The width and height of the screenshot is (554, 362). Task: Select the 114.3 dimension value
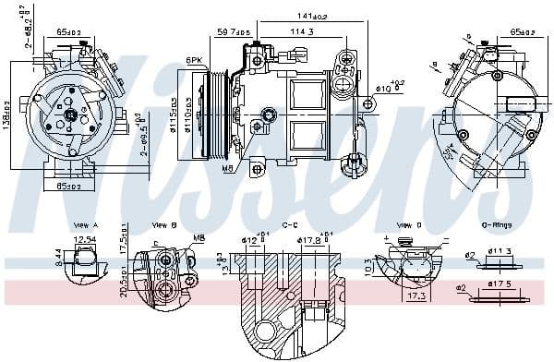point(301,32)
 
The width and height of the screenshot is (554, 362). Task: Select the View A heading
point(85,224)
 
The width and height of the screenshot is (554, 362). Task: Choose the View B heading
point(164,224)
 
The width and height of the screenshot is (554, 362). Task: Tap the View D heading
point(409,224)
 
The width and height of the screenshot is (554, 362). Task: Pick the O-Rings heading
point(498,224)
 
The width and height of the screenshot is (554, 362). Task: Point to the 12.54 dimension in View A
point(85,240)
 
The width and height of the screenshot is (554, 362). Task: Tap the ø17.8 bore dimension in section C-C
point(309,243)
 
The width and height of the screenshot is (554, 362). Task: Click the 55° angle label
point(450,149)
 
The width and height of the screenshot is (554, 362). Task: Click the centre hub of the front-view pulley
point(70,115)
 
